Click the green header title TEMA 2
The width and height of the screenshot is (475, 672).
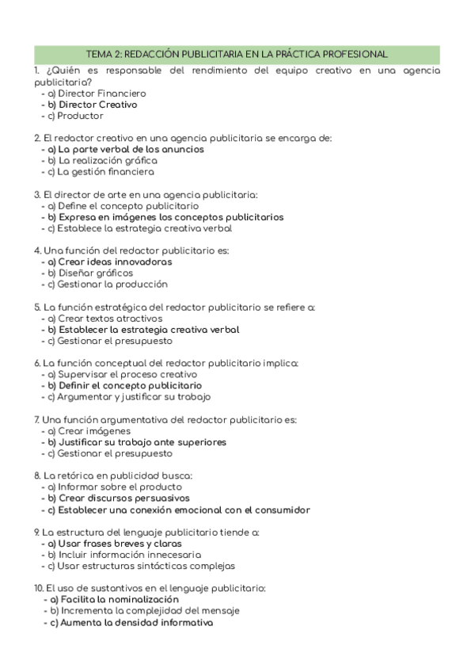click(237, 54)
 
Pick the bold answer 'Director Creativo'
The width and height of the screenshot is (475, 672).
click(93, 104)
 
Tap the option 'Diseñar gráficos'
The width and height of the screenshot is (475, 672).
click(90, 273)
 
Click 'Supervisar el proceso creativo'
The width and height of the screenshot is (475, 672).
click(122, 374)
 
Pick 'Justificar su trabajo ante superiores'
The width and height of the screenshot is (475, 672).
click(137, 441)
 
